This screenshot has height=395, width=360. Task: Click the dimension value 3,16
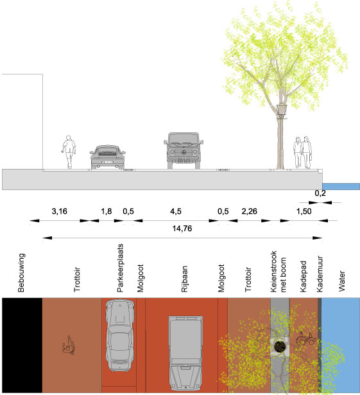60,211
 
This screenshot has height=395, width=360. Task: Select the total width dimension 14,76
182,229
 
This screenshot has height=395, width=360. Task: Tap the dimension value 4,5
176,211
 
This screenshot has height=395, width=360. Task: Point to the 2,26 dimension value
249,211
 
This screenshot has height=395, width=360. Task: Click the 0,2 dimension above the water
320,193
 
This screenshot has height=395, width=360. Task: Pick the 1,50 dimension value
304,211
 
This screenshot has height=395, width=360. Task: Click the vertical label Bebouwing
21,273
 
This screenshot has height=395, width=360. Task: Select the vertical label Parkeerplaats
121,268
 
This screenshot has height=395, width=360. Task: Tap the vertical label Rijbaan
185,279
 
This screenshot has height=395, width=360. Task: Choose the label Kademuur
320,274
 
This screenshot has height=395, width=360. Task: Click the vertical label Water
341,281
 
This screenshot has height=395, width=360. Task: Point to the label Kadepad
304,277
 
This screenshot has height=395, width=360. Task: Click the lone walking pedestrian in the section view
69,152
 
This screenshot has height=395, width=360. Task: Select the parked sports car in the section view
108,157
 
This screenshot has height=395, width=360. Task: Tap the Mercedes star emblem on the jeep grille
184,152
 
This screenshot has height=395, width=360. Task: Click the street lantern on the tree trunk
280,111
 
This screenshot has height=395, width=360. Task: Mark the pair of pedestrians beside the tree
302,152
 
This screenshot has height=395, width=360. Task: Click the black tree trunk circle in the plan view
279,347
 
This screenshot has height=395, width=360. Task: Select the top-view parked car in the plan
120,335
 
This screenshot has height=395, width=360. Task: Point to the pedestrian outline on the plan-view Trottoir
69,346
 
